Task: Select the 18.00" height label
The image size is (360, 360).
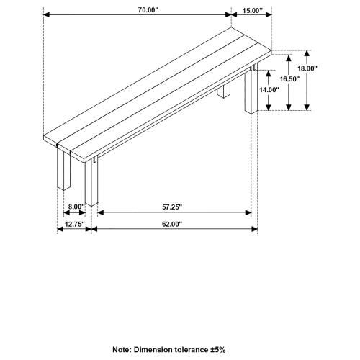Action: [x=308, y=68]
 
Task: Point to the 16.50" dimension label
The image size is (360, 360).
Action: [x=289, y=78]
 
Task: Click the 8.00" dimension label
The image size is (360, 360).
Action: [x=76, y=207]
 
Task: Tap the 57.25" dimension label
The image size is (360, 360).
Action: [x=172, y=207]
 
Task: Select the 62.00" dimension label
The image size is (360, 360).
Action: [x=172, y=224]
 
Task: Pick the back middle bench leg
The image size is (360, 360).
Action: [x=224, y=93]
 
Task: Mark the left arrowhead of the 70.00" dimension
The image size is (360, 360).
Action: [x=47, y=14]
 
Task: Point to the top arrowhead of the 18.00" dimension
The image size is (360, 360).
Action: [x=308, y=53]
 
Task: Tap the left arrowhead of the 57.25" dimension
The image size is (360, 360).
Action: [x=99, y=212]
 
